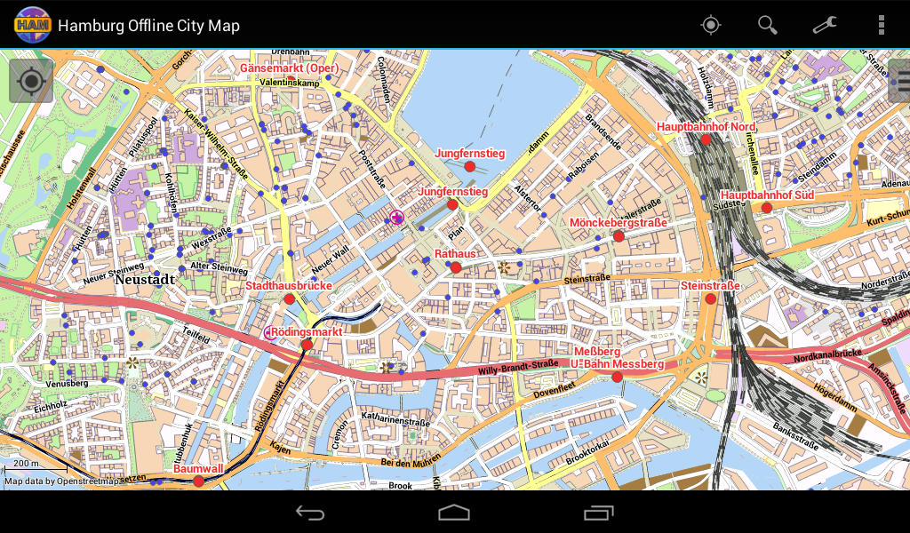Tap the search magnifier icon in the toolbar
click(x=767, y=25)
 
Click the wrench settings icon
click(x=825, y=25)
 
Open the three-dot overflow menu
click(x=881, y=25)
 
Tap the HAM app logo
click(x=32, y=25)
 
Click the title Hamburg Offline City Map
click(x=148, y=26)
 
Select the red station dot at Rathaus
click(x=456, y=267)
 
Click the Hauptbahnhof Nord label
click(x=706, y=127)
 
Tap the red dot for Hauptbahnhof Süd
click(x=767, y=208)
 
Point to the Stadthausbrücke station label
click(x=288, y=286)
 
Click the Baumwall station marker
click(x=198, y=481)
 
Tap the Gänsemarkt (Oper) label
click(x=289, y=68)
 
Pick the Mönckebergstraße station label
click(x=618, y=222)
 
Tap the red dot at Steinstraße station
click(x=710, y=299)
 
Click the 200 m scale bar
click(x=36, y=466)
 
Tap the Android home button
click(x=454, y=513)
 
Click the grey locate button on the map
click(x=31, y=82)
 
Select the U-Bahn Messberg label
click(x=617, y=364)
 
